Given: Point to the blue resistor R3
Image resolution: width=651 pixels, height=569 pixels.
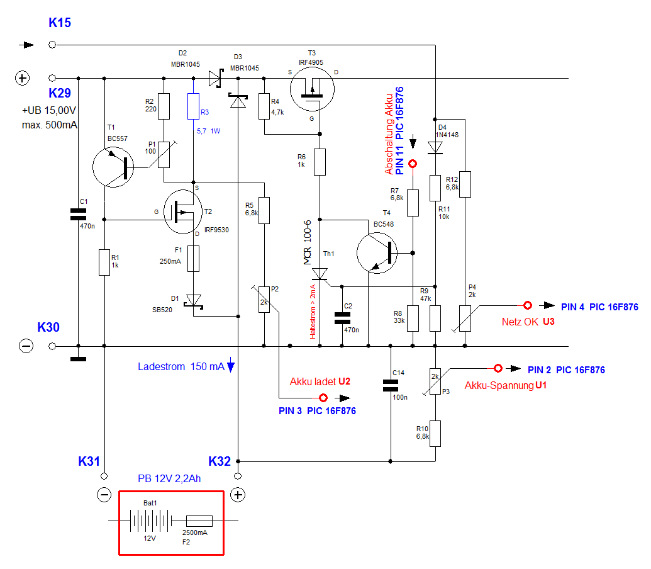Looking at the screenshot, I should pyautogui.click(x=194, y=106).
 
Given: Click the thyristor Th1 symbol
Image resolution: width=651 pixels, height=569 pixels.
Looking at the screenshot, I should pyautogui.click(x=320, y=273).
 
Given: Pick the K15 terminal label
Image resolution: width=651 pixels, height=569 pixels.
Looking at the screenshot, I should pyautogui.click(x=60, y=23).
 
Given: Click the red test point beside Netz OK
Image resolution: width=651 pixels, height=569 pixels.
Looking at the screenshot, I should pyautogui.click(x=528, y=305).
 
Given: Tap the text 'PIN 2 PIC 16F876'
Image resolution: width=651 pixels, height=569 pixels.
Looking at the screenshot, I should pyautogui.click(x=566, y=370).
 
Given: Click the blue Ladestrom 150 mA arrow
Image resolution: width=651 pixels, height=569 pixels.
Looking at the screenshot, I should pyautogui.click(x=231, y=366).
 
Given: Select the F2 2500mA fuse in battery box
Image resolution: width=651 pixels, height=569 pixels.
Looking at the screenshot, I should pyautogui.click(x=199, y=521).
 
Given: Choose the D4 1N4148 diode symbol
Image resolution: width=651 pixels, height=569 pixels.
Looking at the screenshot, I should pyautogui.click(x=435, y=147).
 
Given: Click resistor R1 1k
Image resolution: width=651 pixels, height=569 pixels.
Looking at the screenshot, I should pyautogui.click(x=104, y=262).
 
